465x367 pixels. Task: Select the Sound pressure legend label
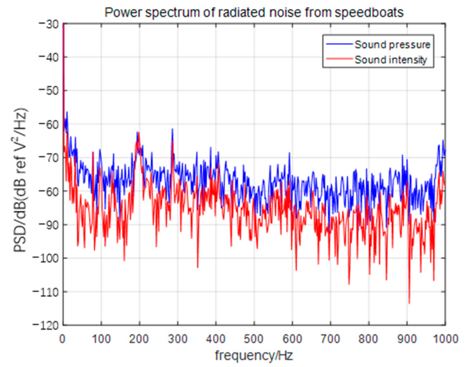click(x=392, y=45)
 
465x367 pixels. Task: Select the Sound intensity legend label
click(x=391, y=60)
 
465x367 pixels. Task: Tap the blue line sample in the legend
click(x=339, y=44)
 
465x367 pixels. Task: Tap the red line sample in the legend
click(x=339, y=59)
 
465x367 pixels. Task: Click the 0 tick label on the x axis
click(x=63, y=339)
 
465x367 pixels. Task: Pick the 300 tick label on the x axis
click(x=177, y=339)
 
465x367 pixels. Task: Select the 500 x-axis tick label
click(x=254, y=339)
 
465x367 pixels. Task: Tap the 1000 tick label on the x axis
click(x=445, y=339)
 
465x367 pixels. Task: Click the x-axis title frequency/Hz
click(x=254, y=356)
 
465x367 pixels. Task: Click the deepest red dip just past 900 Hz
click(x=409, y=303)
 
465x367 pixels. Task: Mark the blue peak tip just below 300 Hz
click(x=172, y=129)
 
